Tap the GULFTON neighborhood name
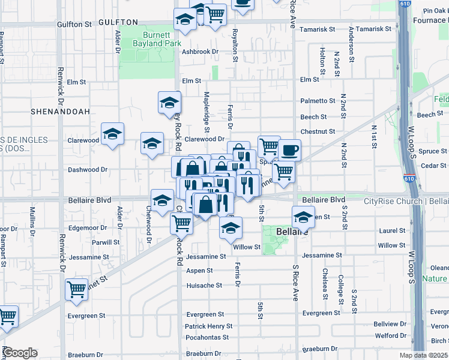114,22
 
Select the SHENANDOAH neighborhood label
61,112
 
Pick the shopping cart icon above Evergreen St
76,289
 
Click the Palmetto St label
318,101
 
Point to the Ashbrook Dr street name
200,52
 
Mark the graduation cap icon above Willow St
230,227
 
